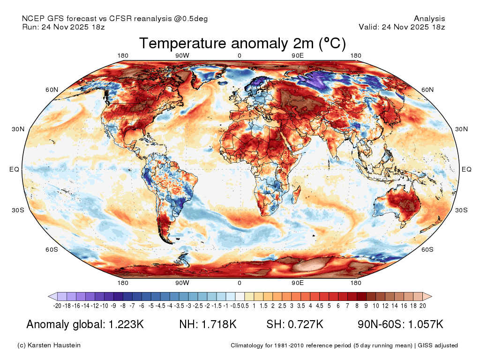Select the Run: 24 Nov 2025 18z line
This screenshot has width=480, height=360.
[63, 27]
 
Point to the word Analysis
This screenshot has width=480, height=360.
[429, 19]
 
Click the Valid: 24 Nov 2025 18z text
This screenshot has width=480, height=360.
[402, 27]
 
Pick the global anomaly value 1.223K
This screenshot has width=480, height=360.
[126, 324]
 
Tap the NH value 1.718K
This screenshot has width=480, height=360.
[219, 324]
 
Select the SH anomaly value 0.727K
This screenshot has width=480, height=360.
[306, 324]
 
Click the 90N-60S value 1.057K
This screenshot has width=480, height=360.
[426, 324]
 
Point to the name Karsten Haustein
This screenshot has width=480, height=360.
[54, 345]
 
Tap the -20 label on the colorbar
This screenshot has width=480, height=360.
[57, 306]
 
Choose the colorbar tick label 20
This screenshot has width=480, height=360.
[423, 306]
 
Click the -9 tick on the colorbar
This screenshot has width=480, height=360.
[113, 306]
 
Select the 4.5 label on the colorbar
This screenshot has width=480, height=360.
[319, 306]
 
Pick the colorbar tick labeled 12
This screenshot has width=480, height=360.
[385, 306]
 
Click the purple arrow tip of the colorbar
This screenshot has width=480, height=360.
[48, 296]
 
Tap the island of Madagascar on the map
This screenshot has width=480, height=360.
[296, 196]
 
